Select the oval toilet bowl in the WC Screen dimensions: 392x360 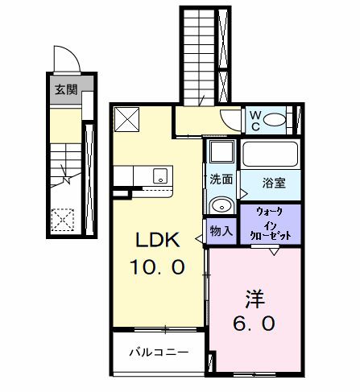[x=275, y=121]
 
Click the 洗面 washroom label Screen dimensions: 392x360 [x=221, y=179]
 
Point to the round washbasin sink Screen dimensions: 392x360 [x=221, y=205]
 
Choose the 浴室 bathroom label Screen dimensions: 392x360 [x=272, y=183]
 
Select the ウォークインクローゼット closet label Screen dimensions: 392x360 [x=270, y=225]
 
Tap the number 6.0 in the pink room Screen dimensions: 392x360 [x=254, y=324]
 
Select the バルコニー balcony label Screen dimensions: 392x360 [x=160, y=353]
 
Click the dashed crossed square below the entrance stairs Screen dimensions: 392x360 [x=62, y=219]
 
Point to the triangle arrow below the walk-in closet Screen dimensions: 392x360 [x=273, y=252]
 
